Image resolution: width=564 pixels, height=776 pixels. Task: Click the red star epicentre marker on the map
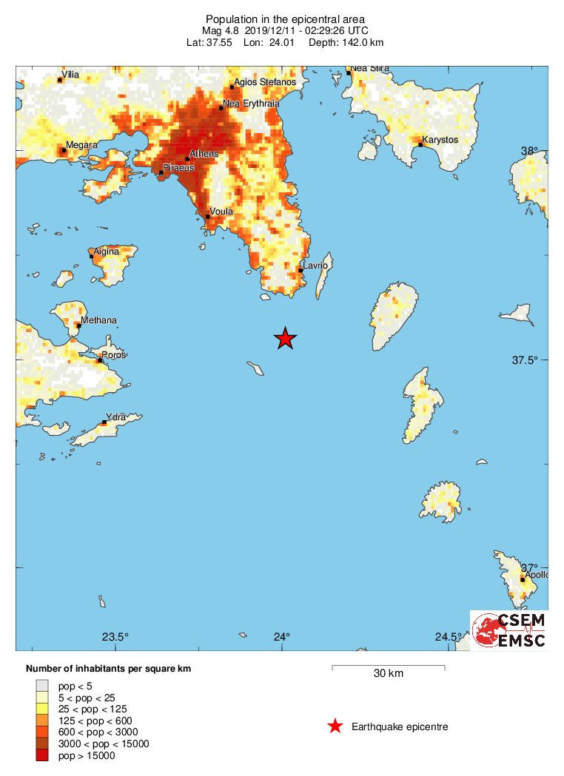(286, 338)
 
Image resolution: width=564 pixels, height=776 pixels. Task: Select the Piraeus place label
(178, 168)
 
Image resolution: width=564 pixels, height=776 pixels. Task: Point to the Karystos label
(440, 140)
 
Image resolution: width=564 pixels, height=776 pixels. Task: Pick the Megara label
(81, 145)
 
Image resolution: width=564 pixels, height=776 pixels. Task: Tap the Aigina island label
(107, 252)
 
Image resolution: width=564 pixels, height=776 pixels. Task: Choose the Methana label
(98, 320)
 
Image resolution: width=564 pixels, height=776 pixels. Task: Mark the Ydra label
(116, 418)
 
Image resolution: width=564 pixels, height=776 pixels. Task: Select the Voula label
(222, 212)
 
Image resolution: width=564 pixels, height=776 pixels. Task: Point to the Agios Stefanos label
(264, 82)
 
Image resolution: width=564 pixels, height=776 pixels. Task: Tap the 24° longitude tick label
(282, 637)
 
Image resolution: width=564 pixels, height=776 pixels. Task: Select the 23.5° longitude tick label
(115, 637)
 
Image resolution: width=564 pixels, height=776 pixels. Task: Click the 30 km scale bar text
(388, 674)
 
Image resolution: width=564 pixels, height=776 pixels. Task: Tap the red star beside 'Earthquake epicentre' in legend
(335, 726)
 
